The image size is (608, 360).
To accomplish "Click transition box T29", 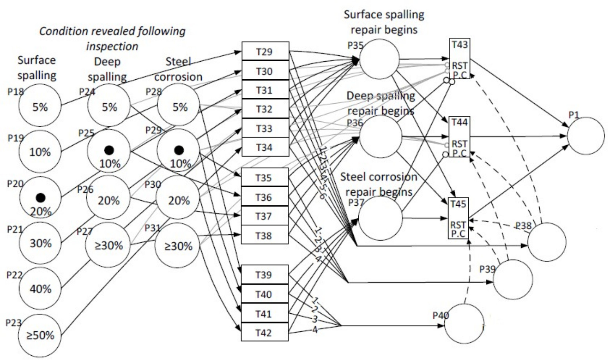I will [265, 51].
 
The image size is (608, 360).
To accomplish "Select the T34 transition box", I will [265, 147].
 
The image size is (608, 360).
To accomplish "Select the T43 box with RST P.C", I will [459, 59].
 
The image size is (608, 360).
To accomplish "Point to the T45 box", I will [458, 218].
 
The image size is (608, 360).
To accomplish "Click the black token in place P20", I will [40, 197].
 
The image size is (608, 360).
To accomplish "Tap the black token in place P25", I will [109, 150].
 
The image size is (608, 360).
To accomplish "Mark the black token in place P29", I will [179, 150].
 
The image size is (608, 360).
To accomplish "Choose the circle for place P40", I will [464, 324].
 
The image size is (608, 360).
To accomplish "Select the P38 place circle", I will [547, 242].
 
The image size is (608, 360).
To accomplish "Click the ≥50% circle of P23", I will [40, 334].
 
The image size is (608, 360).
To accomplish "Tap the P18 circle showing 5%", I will [40, 107].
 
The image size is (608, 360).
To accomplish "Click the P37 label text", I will [356, 203].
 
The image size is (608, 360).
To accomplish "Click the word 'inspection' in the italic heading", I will [112, 46].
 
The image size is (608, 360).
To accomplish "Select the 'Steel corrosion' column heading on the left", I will [178, 69].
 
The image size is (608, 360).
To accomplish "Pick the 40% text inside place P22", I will [40, 289].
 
